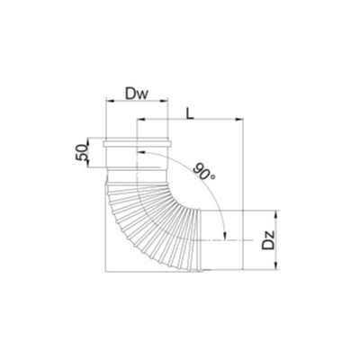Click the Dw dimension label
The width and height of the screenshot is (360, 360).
[137, 94]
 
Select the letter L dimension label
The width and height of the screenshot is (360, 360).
[189, 112]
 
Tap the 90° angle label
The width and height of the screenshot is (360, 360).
[204, 171]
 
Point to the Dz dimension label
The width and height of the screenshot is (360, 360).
[268, 239]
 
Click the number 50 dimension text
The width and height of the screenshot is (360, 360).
[82, 152]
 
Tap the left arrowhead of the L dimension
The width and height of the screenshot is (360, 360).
[140, 120]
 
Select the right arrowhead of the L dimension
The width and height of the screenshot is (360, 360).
[239, 120]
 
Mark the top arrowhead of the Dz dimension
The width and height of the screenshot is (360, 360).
[276, 215]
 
